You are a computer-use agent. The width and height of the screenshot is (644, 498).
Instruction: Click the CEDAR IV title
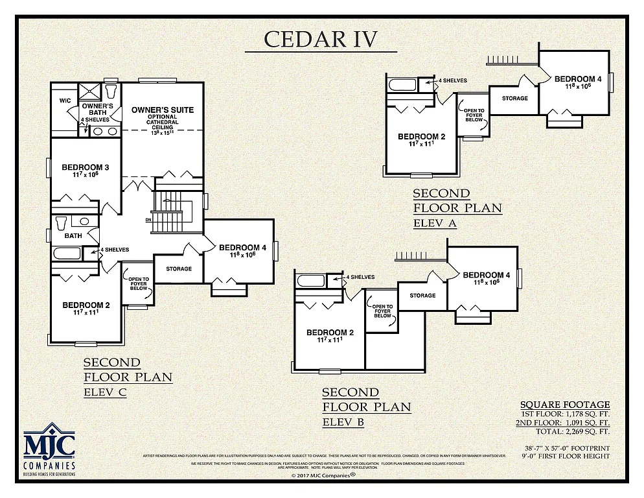pos(321,39)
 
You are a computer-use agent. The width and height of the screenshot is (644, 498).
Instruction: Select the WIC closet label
pos(65,101)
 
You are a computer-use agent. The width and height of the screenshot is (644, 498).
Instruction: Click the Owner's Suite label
pos(163,110)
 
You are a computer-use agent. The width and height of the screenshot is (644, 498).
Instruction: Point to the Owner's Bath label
pos(98,110)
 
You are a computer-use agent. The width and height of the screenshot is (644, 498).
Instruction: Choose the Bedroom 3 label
pos(86,168)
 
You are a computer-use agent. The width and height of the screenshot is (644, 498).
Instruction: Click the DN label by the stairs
pos(148,220)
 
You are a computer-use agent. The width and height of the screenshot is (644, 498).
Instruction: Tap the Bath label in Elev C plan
pos(73,235)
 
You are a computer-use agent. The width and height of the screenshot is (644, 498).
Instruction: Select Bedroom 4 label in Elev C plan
pos(242,248)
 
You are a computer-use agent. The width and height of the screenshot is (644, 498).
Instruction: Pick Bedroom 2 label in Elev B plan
pos(330,333)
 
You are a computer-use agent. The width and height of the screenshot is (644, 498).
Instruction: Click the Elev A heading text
pos(435,224)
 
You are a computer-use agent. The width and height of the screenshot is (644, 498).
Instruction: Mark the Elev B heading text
pos(343,423)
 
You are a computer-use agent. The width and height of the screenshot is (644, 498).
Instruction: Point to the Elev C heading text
pos(104,392)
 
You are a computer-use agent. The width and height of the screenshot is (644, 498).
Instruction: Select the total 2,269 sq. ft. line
pos(573,431)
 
